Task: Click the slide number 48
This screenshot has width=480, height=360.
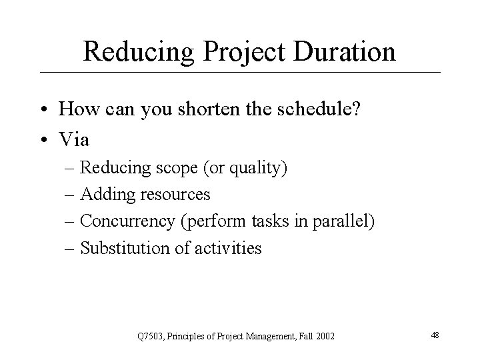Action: (435, 335)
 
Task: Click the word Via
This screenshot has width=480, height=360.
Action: (73, 140)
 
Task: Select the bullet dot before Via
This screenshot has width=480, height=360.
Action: (43, 140)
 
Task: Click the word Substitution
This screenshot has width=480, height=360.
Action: (122, 249)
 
